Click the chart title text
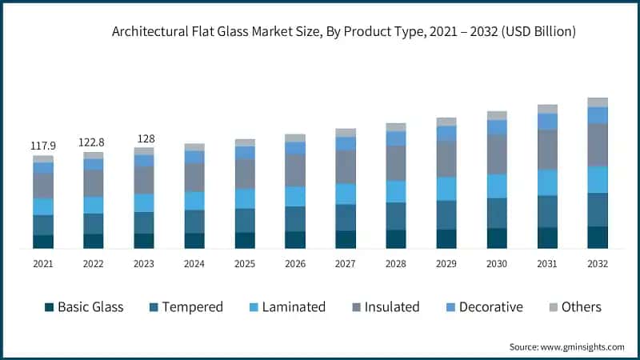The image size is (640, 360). click(344, 32)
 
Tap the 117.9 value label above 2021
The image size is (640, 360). click(43, 146)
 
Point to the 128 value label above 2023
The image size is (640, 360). click(144, 138)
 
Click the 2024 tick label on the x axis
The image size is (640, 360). click(194, 264)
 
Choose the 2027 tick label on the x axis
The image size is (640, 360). click(346, 264)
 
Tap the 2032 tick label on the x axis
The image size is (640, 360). click(598, 264)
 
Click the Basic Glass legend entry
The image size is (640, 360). click(83, 307)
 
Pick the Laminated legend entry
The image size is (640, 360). click(286, 307)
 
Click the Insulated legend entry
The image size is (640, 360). click(385, 307)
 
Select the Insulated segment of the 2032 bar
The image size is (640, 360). click(598, 145)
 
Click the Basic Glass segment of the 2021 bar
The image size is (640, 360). click(43, 242)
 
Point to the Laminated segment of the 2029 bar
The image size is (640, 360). click(446, 189)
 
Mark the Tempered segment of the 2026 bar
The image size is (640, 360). click(295, 219)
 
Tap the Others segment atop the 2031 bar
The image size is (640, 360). click(547, 109)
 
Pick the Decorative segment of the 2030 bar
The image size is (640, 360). click(497, 127)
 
